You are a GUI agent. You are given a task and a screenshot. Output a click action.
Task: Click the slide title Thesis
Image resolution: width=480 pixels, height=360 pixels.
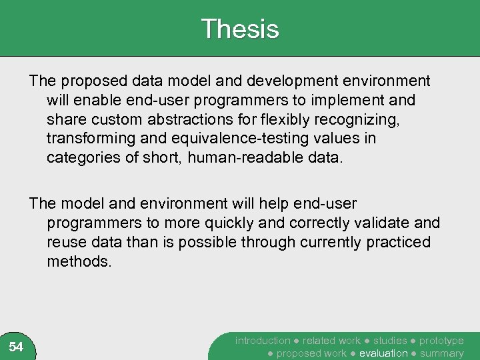239,29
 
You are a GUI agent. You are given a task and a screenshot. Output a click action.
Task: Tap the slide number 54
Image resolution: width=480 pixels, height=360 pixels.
16,347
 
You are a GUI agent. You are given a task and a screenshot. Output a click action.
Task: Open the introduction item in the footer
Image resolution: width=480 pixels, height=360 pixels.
263,341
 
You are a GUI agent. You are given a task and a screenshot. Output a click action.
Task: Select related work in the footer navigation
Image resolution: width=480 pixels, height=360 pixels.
331,341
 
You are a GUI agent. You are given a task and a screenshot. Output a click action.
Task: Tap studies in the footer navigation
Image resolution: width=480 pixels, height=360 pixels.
389,341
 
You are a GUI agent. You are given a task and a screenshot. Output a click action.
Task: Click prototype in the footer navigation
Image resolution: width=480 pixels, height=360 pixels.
441,341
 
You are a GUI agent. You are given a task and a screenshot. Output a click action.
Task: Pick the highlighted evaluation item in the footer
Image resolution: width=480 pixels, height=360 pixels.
383,353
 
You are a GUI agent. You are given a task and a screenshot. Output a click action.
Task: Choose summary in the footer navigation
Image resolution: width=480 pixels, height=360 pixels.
441,353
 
